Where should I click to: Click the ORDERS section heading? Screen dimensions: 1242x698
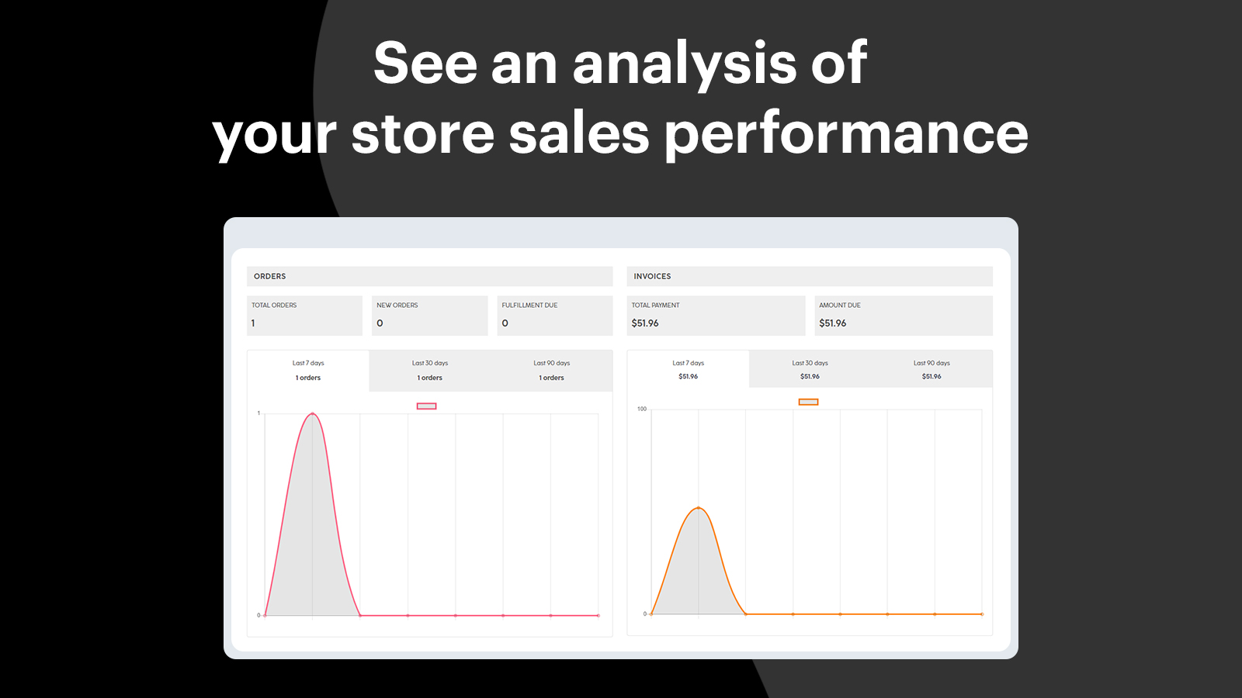[x=269, y=276]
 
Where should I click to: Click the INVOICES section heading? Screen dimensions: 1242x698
[x=652, y=276]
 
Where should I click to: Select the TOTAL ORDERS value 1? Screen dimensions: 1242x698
[x=253, y=323]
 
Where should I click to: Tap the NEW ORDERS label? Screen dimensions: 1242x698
[x=397, y=306]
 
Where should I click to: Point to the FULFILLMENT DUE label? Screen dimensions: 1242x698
[x=529, y=306]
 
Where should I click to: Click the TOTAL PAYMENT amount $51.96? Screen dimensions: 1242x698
[x=645, y=323]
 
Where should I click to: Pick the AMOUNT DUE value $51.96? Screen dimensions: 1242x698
[x=832, y=323]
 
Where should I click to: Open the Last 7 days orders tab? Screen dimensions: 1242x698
[x=308, y=371]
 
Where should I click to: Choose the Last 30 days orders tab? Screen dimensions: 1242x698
[x=430, y=371]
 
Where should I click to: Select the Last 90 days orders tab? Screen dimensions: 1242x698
[x=552, y=371]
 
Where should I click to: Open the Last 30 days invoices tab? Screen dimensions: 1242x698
[x=810, y=369]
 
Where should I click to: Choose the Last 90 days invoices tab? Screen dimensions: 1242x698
[x=931, y=369]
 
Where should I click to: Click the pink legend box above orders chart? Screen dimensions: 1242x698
[x=426, y=406]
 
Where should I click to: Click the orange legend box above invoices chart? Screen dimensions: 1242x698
[x=808, y=403]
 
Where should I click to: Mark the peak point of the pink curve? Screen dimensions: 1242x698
[x=313, y=413]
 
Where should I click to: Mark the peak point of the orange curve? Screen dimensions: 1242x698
[x=699, y=507]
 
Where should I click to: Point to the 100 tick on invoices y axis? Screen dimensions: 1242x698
[x=641, y=409]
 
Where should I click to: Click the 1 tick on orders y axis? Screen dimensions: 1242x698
[x=258, y=413]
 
